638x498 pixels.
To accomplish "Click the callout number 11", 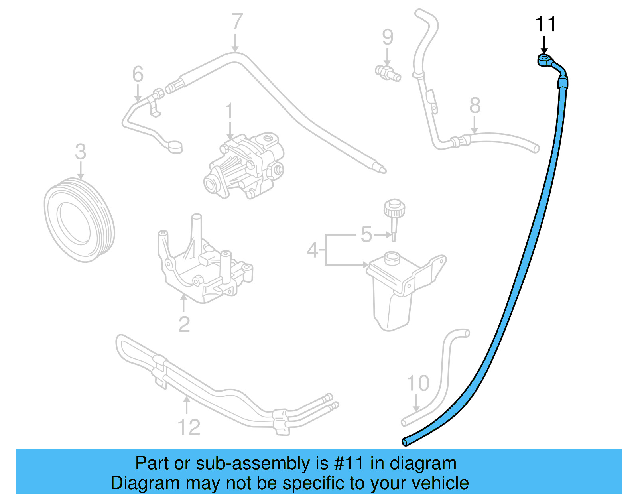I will click(545, 24).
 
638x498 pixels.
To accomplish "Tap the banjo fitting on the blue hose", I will click(544, 59).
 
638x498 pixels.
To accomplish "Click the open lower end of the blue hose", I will click(405, 441).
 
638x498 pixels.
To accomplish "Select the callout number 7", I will click(237, 21).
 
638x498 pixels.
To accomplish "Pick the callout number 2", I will click(184, 324).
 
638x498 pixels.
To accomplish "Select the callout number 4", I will click(313, 250).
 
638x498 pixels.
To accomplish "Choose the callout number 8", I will click(475, 106).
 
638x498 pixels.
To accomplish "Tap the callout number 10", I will click(418, 383).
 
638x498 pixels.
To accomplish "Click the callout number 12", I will click(189, 427).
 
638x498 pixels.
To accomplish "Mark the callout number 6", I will click(138, 74).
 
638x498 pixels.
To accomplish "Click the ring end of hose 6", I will click(175, 146).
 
